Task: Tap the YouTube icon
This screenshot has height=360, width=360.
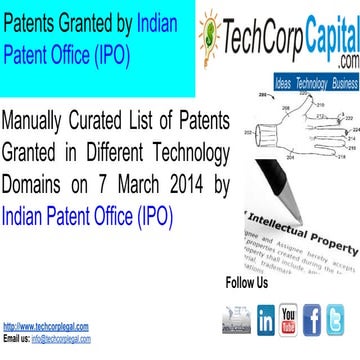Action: click(289, 320)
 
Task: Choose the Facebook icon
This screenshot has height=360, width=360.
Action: click(312, 320)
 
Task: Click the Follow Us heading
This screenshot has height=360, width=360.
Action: click(247, 283)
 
